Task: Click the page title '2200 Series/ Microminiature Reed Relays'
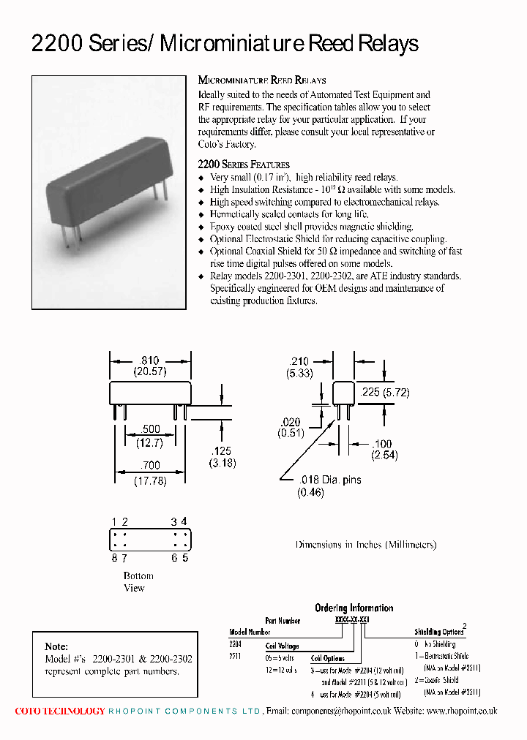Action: pyautogui.click(x=225, y=44)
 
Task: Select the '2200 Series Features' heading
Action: pyautogui.click(x=244, y=165)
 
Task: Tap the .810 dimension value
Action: pyautogui.click(x=150, y=360)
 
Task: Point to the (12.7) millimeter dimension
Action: pyautogui.click(x=149, y=442)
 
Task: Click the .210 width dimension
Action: pyautogui.click(x=299, y=361)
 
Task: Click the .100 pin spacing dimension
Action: pyautogui.click(x=383, y=444)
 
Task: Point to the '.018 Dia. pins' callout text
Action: pyautogui.click(x=329, y=480)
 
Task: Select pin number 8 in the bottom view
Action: pyautogui.click(x=114, y=558)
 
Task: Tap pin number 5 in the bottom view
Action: pyautogui.click(x=185, y=558)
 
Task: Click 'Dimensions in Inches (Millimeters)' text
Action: pyautogui.click(x=365, y=545)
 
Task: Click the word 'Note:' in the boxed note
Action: pyautogui.click(x=56, y=646)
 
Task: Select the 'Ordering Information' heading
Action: pyautogui.click(x=354, y=608)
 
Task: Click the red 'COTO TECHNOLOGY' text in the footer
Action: pyautogui.click(x=60, y=711)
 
